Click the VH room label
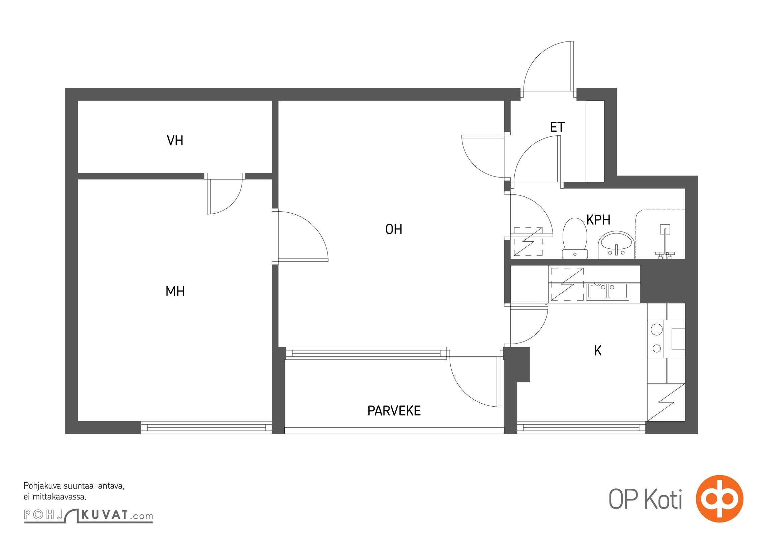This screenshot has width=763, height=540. pos(175,140)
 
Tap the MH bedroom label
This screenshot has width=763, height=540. pos(175,291)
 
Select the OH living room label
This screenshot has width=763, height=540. pos(394,230)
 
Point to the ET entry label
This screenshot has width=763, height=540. pos(557,127)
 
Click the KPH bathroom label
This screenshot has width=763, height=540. pos(598,220)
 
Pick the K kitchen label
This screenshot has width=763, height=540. pos(598,351)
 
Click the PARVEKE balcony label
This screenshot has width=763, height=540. pos(394,411)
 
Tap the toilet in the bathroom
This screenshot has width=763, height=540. pos(575,238)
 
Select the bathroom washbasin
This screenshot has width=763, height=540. pos(616,245)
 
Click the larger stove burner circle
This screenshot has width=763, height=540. pos(656,329)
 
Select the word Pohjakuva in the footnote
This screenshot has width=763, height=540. pos(42,486)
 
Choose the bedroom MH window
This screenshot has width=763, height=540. pos(206,427)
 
